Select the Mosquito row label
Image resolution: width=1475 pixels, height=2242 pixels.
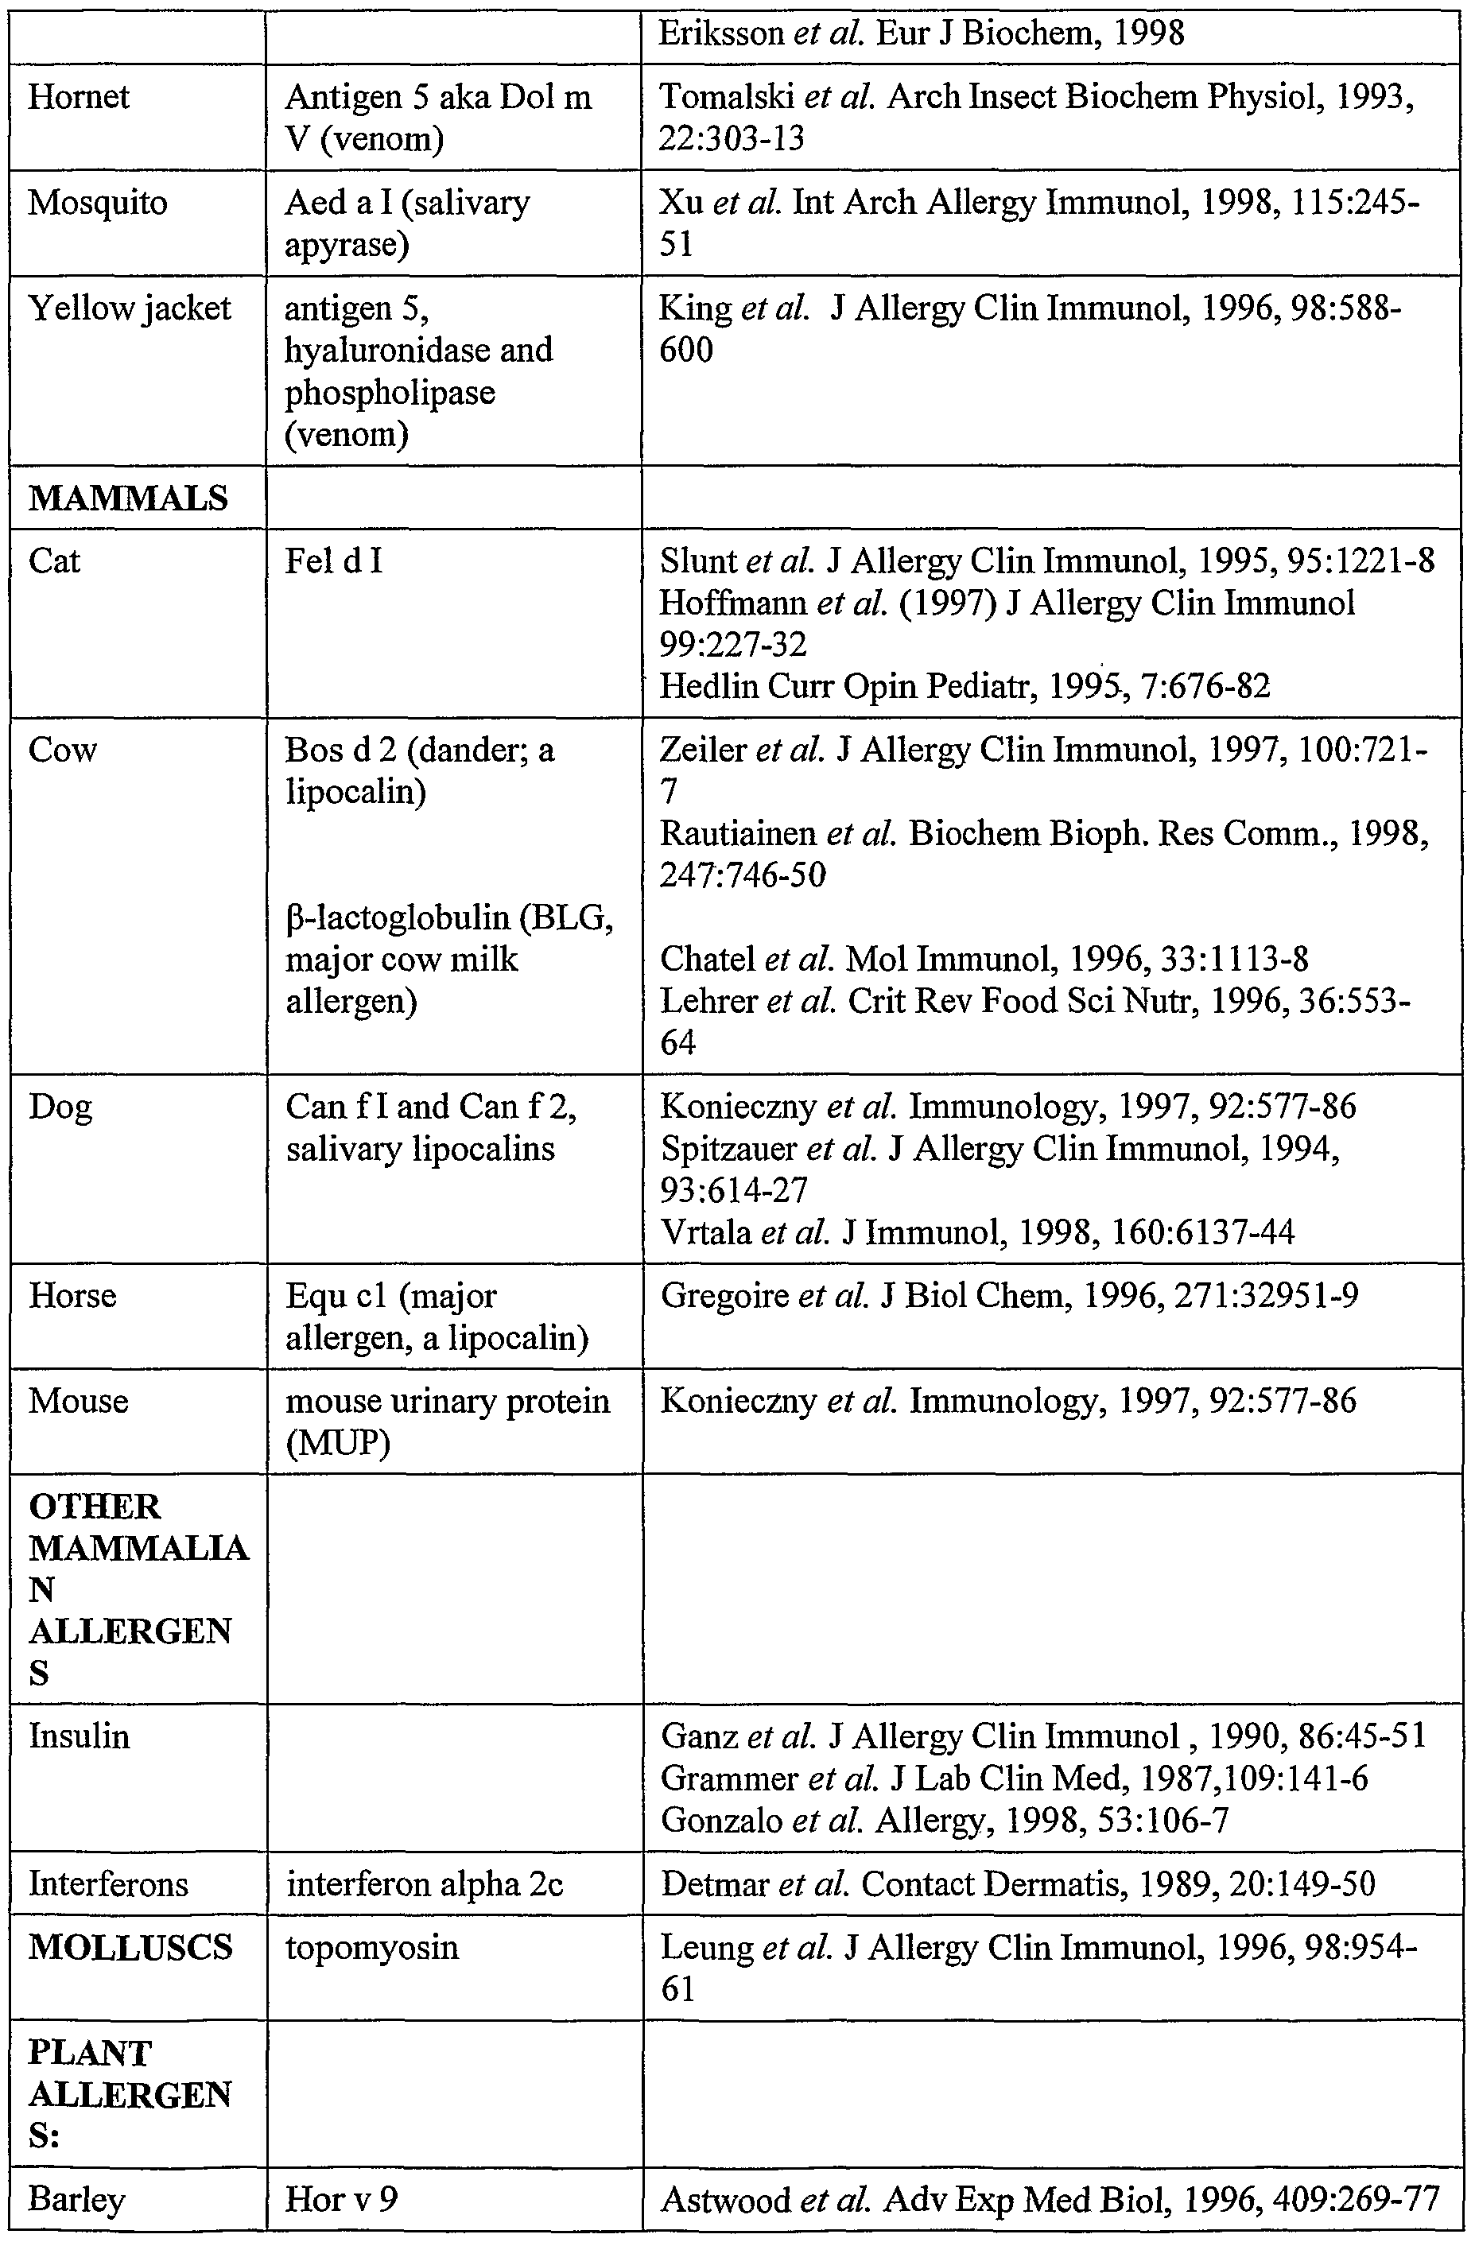pos(97,203)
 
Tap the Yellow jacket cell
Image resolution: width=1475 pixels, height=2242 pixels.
pos(129,308)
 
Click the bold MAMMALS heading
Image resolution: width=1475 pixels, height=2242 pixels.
pos(128,498)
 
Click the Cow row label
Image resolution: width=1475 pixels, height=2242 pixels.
pos(62,750)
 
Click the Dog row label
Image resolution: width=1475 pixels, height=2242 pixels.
pos(60,1106)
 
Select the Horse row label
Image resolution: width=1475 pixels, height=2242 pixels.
pos(72,1295)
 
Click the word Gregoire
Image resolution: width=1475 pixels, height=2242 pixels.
pos(724,1295)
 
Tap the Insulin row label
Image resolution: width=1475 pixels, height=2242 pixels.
pos(80,1736)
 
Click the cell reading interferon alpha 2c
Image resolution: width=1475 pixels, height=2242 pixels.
pos(425,1883)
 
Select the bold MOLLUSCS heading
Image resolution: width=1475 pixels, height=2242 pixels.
pos(130,1947)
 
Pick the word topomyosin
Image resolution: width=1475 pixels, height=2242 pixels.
pos(372,1947)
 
